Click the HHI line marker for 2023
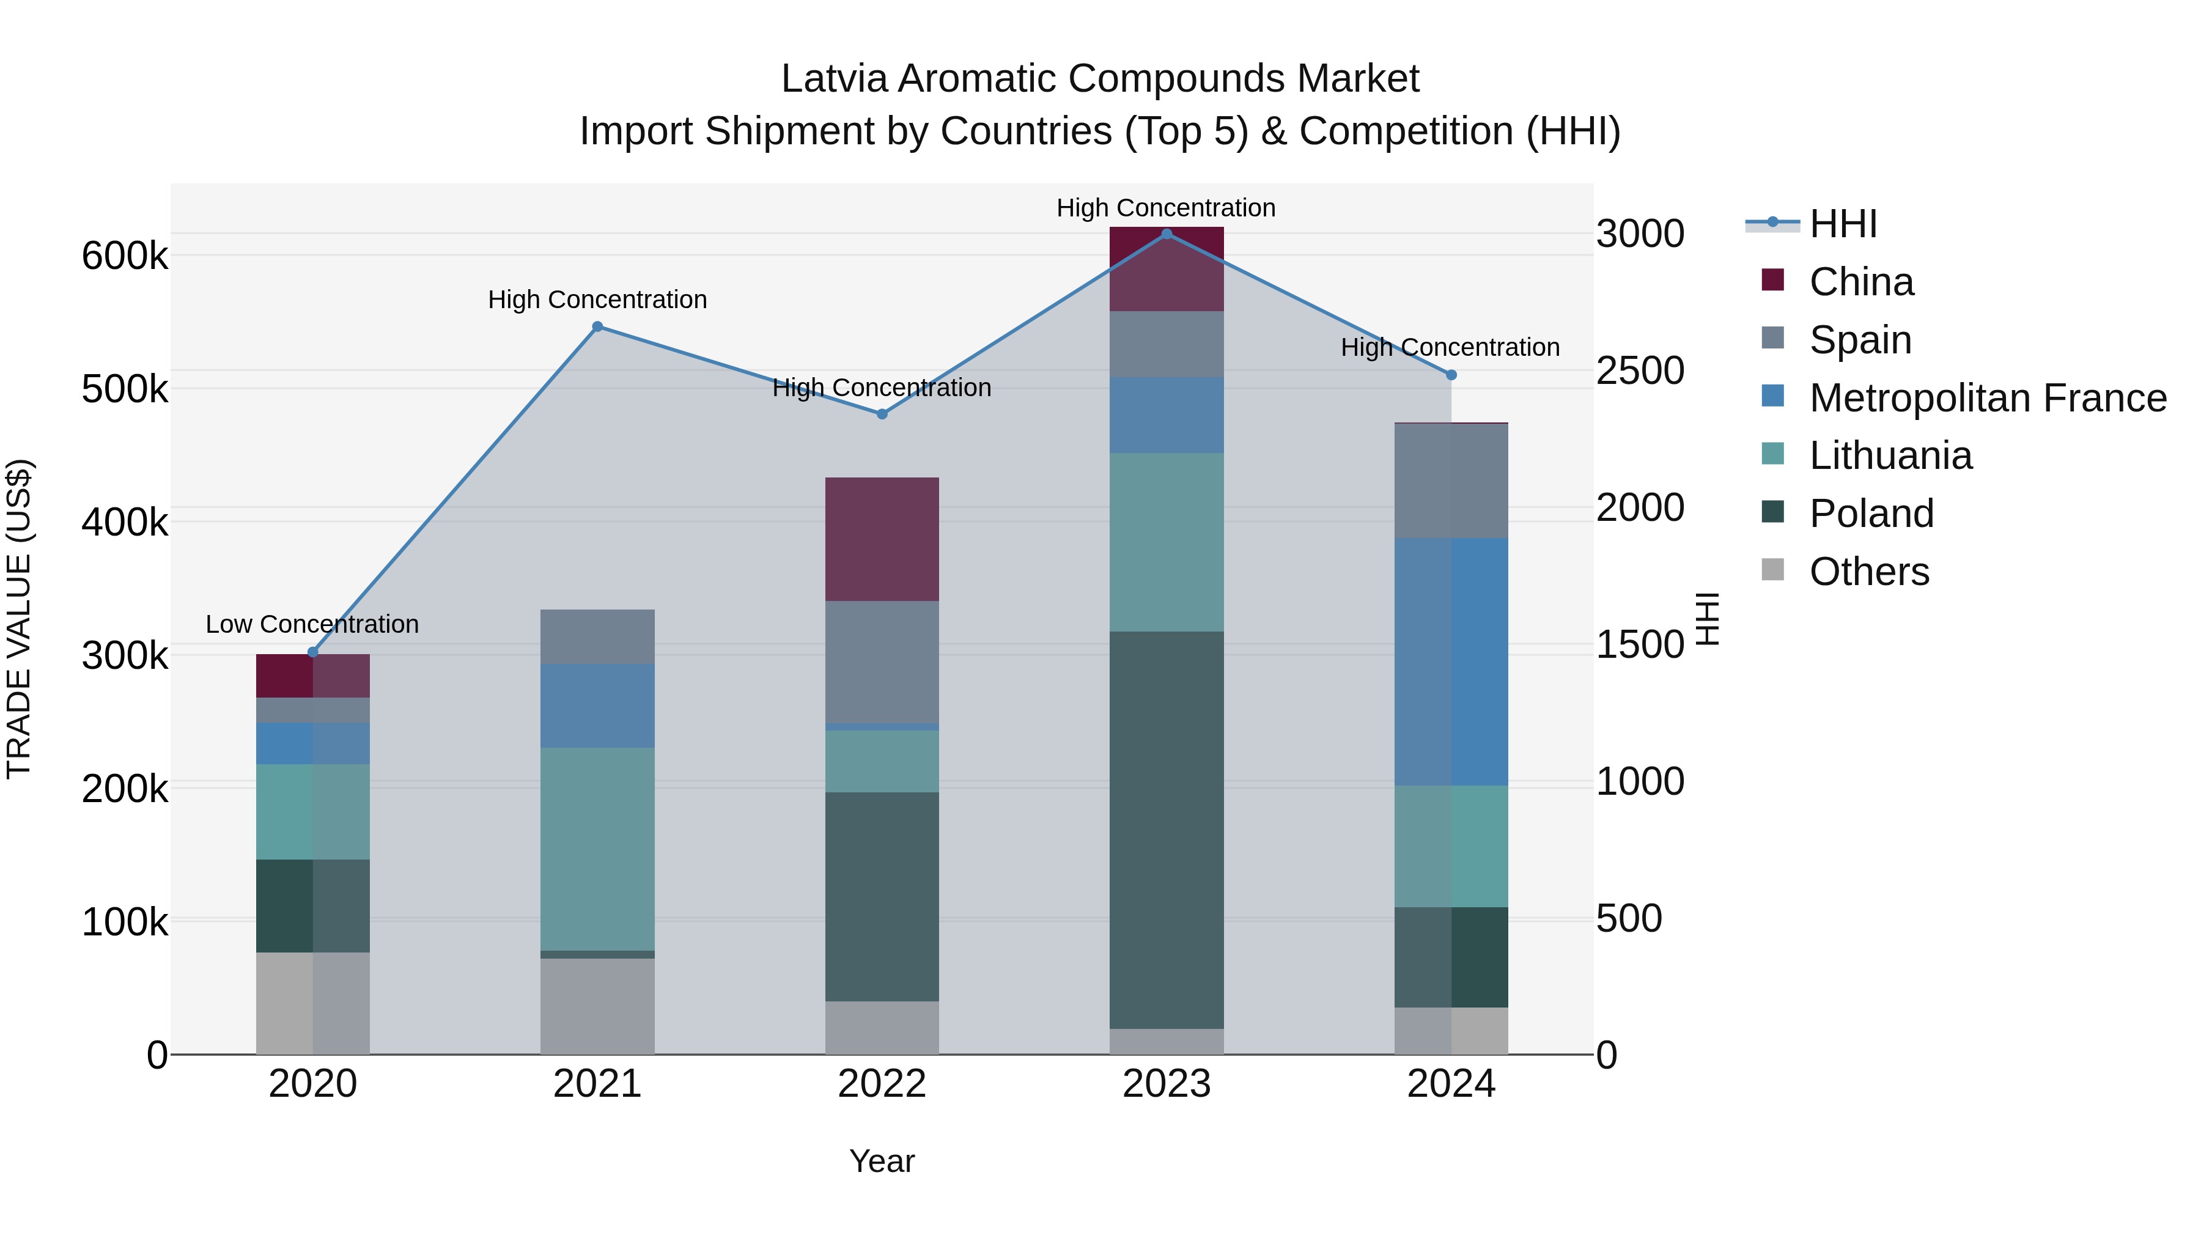coord(1167,234)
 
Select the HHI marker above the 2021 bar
coord(597,326)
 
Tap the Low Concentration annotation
coord(312,625)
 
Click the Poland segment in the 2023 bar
coord(1167,829)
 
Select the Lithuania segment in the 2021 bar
coord(597,849)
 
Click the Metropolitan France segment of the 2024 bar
coord(1451,661)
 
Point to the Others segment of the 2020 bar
coord(312,1003)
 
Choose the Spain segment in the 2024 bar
coord(1451,480)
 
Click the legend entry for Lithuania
coord(1890,455)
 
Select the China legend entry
coord(1861,282)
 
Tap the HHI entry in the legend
coord(1842,224)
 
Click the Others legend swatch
coord(1773,570)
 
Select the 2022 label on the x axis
coord(882,1084)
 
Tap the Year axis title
coord(882,1161)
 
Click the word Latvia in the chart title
coord(834,79)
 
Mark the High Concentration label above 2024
coord(1450,348)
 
